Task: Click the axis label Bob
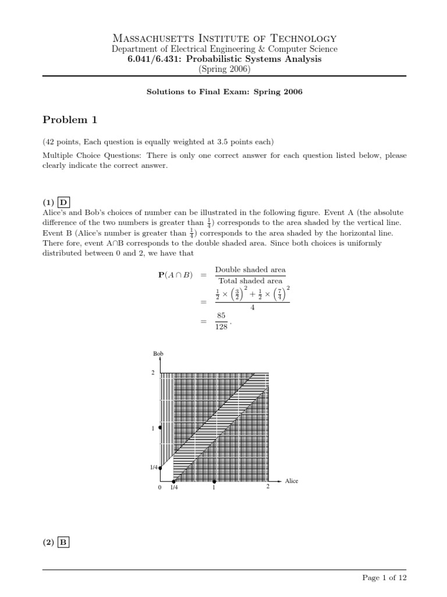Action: click(x=158, y=354)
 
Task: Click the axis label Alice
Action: click(x=291, y=481)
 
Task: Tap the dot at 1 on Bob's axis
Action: click(x=160, y=427)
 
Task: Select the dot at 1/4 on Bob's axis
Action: click(x=160, y=468)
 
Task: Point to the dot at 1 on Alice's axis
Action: click(x=214, y=481)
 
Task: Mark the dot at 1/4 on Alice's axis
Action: click(x=173, y=481)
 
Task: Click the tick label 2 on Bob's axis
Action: click(x=153, y=373)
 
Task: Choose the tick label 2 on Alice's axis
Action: click(x=268, y=487)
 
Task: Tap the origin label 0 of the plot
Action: click(x=159, y=488)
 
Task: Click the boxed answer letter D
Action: click(x=63, y=202)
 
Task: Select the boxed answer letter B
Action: click(x=63, y=542)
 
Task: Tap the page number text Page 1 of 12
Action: click(x=384, y=577)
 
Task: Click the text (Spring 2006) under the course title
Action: click(x=223, y=69)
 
